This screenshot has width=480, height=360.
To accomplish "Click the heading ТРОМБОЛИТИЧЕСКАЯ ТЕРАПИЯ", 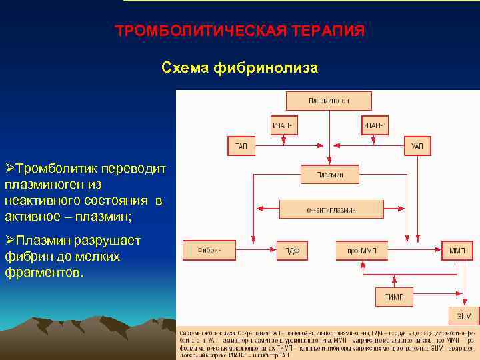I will click(240, 31).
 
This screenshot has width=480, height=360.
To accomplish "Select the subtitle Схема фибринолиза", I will click(240, 68).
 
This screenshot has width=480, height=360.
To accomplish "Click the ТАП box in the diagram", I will click(241, 145).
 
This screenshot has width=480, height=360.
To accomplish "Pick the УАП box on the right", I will click(417, 145).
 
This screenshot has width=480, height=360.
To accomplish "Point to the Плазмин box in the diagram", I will click(330, 174).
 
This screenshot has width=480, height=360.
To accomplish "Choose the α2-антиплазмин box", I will click(331, 209).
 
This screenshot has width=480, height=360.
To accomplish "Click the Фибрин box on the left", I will click(209, 251).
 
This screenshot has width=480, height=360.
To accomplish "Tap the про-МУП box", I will click(362, 251).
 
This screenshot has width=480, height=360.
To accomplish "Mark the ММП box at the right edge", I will click(457, 251).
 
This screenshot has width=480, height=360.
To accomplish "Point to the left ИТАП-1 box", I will click(285, 125).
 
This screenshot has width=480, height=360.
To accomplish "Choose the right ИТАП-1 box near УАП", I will click(375, 125).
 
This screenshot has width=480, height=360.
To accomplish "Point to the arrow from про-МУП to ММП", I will click(415, 251).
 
